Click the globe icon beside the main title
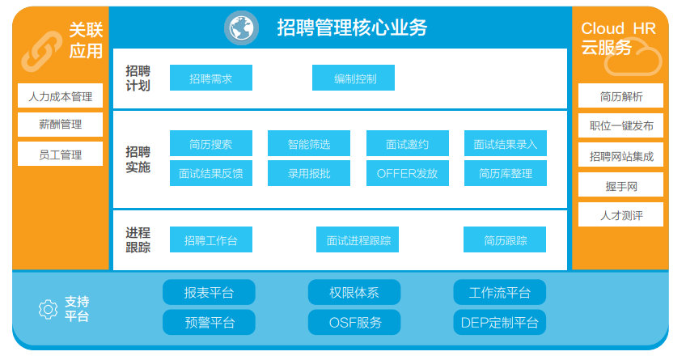coord(241,28)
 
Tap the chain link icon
coord(42,51)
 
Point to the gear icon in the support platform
coord(48,309)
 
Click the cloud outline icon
coord(633,59)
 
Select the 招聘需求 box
coord(211,78)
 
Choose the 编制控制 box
coord(354,78)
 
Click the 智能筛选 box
coord(309,143)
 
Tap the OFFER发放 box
coord(408,173)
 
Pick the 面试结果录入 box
coord(506,143)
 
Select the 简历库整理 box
coord(506,173)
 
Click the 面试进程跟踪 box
coord(358,239)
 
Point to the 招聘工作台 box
coord(211,239)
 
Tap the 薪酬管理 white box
coord(61,125)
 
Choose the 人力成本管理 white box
coord(61,95)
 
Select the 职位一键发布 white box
coord(620,125)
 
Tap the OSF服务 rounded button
coord(354,322)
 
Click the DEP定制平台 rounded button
coord(500,322)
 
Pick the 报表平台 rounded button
coord(210,292)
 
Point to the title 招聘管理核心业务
coord(352,28)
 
